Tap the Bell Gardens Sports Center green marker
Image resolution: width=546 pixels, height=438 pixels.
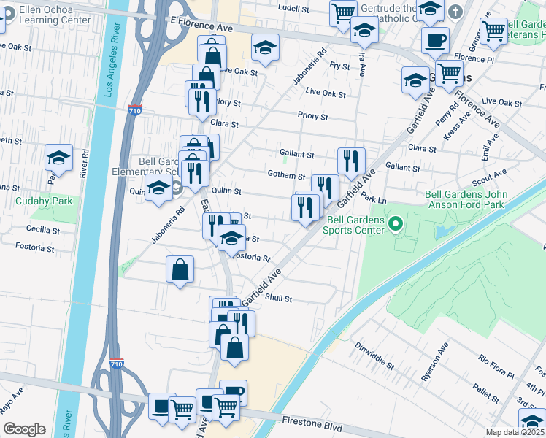click(x=396, y=223)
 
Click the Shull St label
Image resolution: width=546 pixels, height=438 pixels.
click(x=278, y=298)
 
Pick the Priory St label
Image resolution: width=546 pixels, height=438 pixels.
click(x=312, y=116)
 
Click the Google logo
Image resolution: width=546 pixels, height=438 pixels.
click(x=24, y=429)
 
